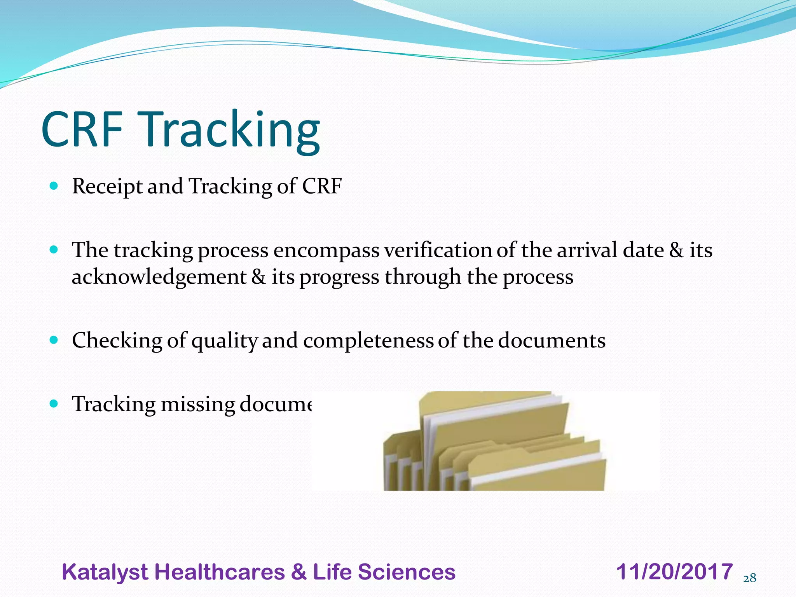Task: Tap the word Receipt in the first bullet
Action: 107,187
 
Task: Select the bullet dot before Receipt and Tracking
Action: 54,186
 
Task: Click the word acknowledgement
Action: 159,277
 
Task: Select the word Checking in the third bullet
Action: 117,341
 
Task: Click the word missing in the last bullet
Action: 197,405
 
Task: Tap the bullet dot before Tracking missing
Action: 54,404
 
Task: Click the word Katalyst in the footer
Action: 105,572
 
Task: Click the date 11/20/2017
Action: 674,572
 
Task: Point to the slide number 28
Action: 750,578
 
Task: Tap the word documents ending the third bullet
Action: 552,341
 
